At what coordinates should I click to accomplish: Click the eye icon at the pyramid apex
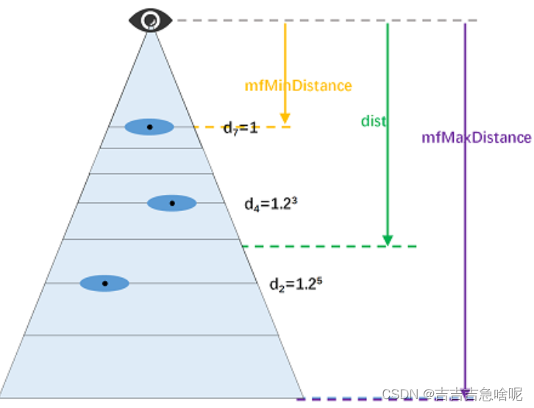(x=151, y=20)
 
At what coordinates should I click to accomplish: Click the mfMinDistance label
(x=298, y=86)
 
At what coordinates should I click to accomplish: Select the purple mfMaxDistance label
(x=476, y=137)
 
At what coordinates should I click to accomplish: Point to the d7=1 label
(x=241, y=129)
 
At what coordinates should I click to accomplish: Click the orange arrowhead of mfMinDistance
(x=285, y=118)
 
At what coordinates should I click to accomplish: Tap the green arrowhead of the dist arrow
(x=387, y=240)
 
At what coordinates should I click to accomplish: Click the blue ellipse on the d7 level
(x=149, y=127)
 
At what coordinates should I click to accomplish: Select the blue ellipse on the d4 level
(x=172, y=203)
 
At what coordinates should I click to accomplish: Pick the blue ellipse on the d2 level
(x=104, y=283)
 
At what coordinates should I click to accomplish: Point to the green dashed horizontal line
(x=331, y=246)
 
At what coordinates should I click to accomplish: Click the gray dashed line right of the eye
(x=324, y=20)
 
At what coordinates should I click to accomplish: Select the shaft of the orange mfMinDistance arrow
(x=285, y=51)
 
